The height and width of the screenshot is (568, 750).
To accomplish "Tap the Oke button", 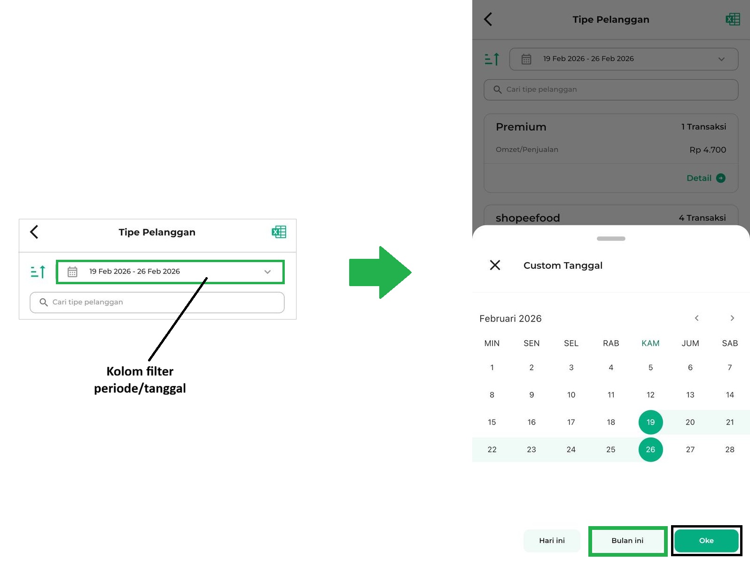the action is pos(706,541).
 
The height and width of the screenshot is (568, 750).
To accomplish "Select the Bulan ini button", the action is pos(627,541).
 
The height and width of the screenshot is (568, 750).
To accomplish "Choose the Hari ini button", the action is pos(552,541).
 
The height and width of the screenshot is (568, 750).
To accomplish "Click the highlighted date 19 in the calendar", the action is pos(650,422).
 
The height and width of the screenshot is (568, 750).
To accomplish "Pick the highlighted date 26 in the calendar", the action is pos(650,449).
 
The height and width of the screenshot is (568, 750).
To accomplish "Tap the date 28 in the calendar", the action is pos(729,449).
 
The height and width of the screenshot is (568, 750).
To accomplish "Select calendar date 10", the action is pos(571,395).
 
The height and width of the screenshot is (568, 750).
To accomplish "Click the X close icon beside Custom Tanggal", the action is pos(495,265).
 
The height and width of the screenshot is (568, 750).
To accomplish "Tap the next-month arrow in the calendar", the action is pos(732,318).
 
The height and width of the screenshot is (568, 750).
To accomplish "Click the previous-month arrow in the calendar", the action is pos(696,318).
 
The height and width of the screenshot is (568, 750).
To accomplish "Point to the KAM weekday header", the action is pos(650,343).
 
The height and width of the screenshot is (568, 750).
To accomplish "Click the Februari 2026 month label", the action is pos(510,319).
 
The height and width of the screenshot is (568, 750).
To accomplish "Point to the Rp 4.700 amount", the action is pos(708,150).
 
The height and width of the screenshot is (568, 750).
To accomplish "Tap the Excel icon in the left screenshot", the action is pos(279,232).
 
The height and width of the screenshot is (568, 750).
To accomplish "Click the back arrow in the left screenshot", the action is pos(34,232).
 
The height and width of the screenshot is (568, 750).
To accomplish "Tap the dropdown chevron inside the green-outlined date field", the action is pos(267,272).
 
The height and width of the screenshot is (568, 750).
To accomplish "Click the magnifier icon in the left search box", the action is pos(43,302).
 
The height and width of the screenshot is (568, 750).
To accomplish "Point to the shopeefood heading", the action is pos(528,218).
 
